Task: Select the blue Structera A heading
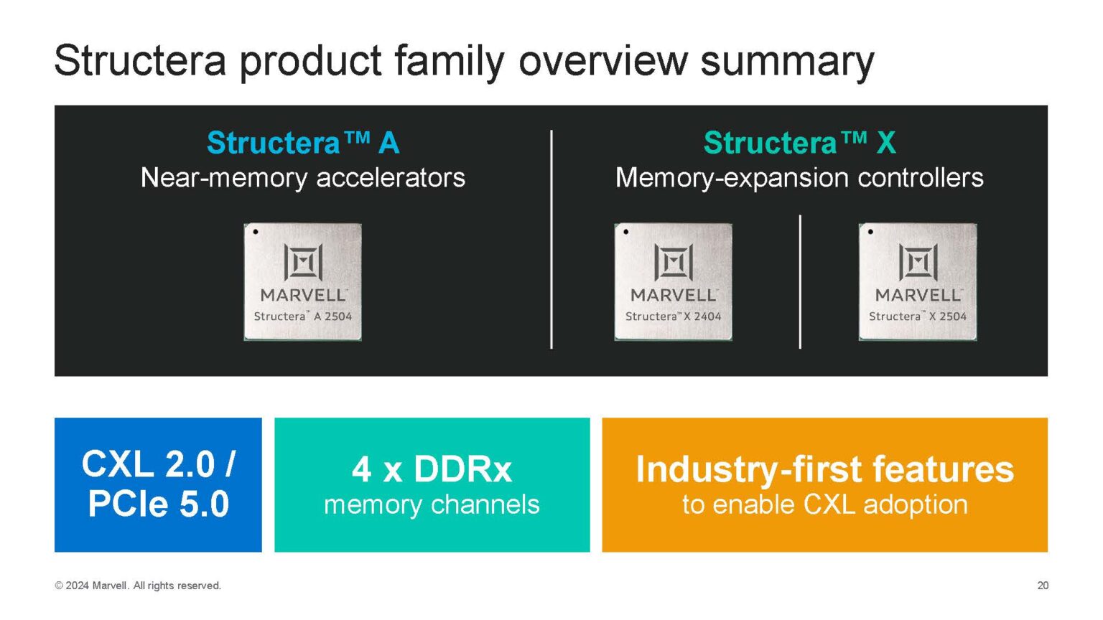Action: point(302,143)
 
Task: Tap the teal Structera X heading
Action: point(799,143)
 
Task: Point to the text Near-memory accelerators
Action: point(302,177)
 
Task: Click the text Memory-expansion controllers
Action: point(799,177)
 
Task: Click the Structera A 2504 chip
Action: point(302,281)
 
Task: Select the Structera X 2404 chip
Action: point(673,281)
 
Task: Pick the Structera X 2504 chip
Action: point(917,281)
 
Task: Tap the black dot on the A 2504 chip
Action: point(256,232)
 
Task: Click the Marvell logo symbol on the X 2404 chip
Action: point(673,262)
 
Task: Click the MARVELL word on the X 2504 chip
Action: point(917,295)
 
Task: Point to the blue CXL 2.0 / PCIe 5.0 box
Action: point(158,484)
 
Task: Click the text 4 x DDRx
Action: point(432,470)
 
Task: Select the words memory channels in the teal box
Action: point(432,504)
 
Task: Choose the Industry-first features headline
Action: point(824,469)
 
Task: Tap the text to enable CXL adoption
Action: point(824,504)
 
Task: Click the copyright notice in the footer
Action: point(138,586)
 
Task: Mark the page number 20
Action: point(1043,586)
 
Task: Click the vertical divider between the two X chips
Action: point(800,281)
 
